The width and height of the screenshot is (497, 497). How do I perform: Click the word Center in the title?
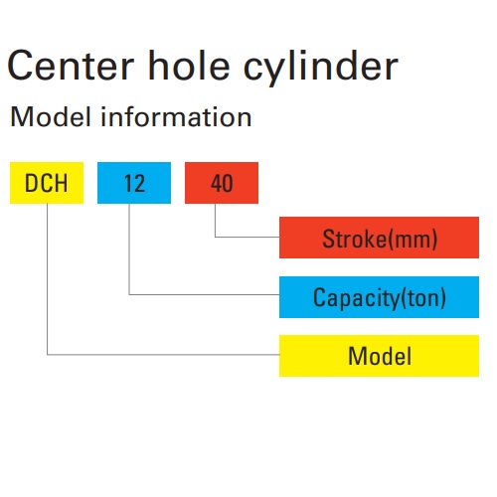[71, 66]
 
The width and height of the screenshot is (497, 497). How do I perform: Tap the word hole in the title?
[189, 65]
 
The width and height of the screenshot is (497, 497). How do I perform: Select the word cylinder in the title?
[321, 69]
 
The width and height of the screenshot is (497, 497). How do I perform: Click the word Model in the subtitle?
[51, 116]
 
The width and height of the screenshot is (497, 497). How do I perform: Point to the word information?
[176, 116]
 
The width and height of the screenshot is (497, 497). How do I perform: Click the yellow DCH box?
[47, 183]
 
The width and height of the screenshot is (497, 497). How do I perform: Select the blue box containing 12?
[134, 183]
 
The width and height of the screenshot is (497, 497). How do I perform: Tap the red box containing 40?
[222, 183]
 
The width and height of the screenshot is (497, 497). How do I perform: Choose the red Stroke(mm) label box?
[379, 238]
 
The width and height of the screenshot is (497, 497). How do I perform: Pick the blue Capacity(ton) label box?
[379, 297]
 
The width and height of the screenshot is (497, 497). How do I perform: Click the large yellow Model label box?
[379, 356]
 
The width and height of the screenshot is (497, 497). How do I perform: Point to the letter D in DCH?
[31, 183]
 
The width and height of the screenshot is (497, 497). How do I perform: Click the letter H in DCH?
[61, 183]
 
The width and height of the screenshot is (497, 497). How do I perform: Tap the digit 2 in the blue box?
[139, 183]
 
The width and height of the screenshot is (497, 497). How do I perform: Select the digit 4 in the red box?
[217, 183]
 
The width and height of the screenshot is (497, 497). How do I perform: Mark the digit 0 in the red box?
[228, 183]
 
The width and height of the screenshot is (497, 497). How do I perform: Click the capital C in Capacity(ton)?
[319, 297]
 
